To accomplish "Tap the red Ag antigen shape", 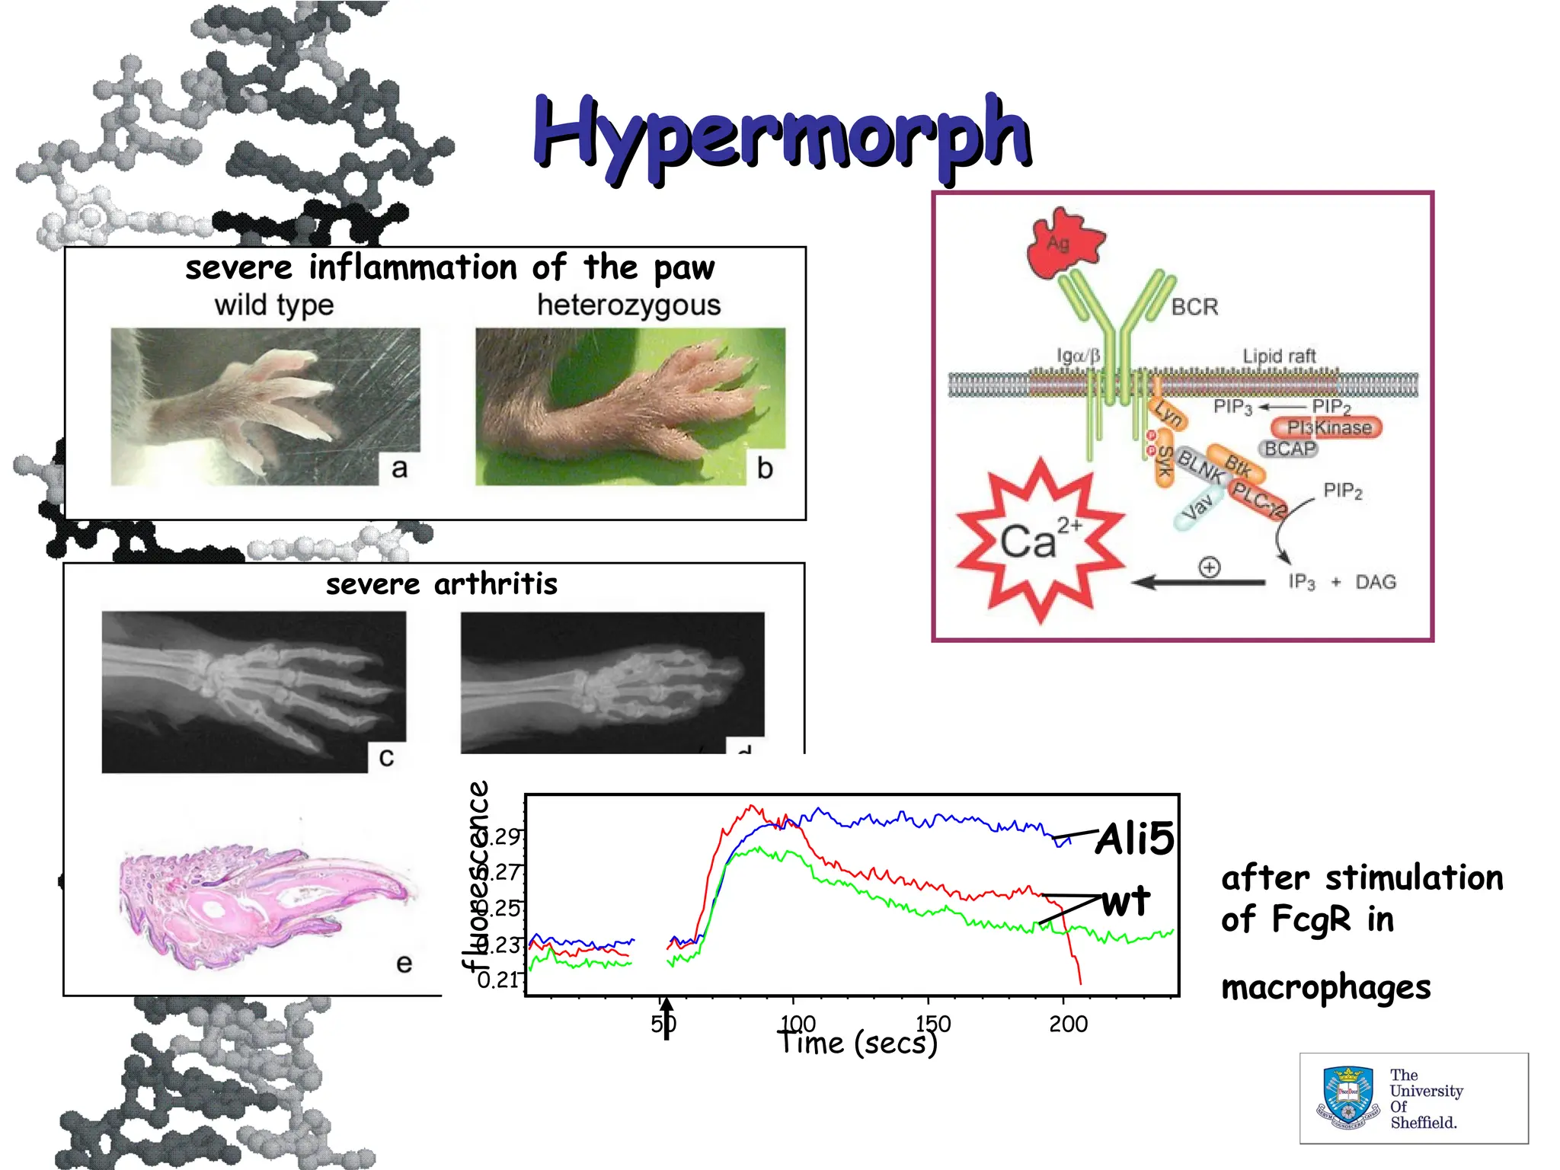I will pyautogui.click(x=1062, y=245).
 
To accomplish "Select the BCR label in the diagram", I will pyautogui.click(x=1194, y=307).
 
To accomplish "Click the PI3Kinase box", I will pyautogui.click(x=1328, y=428).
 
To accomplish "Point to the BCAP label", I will pyautogui.click(x=1290, y=449).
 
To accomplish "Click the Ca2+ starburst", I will pyautogui.click(x=1041, y=540).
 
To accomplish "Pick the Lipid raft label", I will pyautogui.click(x=1279, y=356).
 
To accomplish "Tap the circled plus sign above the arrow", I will pyautogui.click(x=1209, y=567).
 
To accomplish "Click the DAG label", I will pyautogui.click(x=1375, y=583).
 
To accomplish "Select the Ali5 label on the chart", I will pyautogui.click(x=1134, y=839).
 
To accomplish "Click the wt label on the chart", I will pyautogui.click(x=1126, y=902).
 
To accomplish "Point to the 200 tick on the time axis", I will pyautogui.click(x=1068, y=1024).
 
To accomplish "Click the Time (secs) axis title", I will pyautogui.click(x=858, y=1043).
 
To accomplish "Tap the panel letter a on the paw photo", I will pyautogui.click(x=399, y=468).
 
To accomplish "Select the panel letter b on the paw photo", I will pyautogui.click(x=765, y=468).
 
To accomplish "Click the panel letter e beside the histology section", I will pyautogui.click(x=404, y=964).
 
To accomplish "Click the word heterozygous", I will pyautogui.click(x=628, y=305).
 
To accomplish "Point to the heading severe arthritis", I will pyautogui.click(x=442, y=584).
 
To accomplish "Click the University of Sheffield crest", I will pyautogui.click(x=1348, y=1098).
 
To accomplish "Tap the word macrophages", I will pyautogui.click(x=1325, y=988).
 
